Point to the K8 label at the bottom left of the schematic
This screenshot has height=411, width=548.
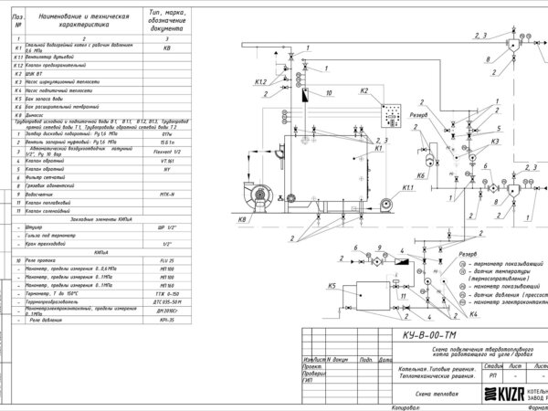(242, 220)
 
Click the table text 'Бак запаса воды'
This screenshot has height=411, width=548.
(53, 99)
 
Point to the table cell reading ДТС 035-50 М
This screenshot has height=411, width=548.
(166, 301)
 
